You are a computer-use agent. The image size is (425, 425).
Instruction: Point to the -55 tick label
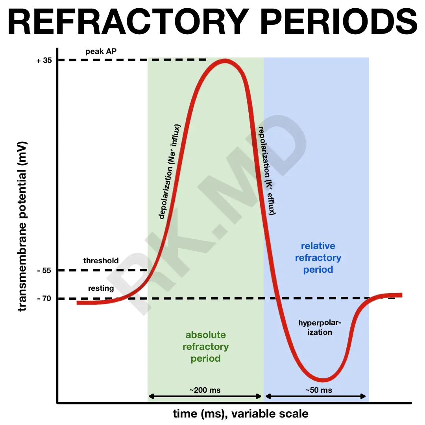(44, 270)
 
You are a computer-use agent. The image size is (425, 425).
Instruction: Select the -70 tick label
(44, 299)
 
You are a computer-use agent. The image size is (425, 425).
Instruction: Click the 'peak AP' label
(100, 51)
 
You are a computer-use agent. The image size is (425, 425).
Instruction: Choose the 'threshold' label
(101, 261)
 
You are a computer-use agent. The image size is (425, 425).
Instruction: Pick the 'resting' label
(101, 288)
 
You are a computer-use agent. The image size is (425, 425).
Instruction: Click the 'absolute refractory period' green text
(205, 347)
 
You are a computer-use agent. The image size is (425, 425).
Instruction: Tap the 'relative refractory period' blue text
(318, 258)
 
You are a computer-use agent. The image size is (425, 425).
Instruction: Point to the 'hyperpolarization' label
(319, 327)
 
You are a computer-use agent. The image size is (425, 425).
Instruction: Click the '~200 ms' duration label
(205, 390)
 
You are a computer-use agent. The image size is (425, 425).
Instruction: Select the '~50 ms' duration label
(318, 390)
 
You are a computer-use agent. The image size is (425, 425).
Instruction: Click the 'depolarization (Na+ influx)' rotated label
(169, 172)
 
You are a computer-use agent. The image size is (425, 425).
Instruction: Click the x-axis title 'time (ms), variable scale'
(240, 414)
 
